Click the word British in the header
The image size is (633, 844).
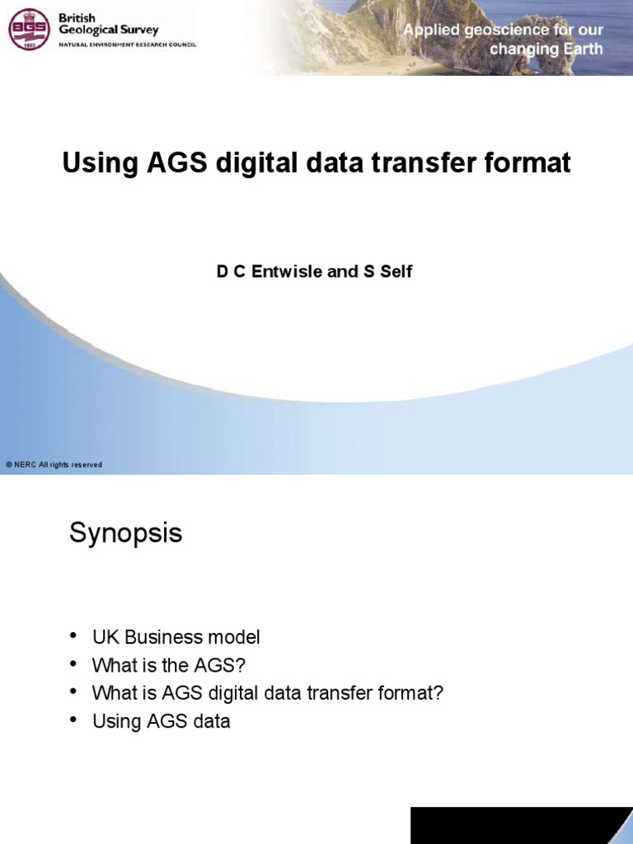coord(77,18)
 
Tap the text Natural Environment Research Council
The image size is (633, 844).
coord(126,45)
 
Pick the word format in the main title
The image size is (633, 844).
coord(530,163)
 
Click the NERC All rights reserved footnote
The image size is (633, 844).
coord(54,465)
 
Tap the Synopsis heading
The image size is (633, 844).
coord(125,534)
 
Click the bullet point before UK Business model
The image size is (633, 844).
coord(74,635)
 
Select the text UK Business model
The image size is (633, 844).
coord(176,637)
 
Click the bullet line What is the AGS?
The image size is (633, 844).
coord(169,665)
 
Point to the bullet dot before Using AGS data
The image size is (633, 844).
coord(74,719)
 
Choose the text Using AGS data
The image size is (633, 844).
coord(161,721)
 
